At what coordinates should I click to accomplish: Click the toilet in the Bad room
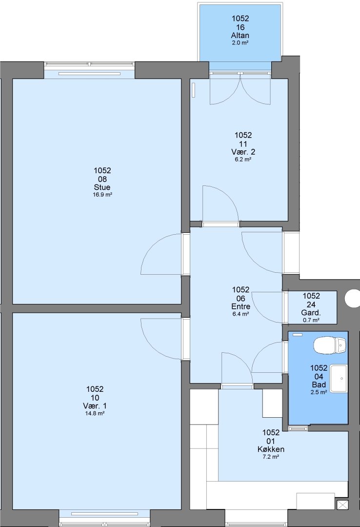330,345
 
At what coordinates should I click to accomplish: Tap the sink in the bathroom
339,379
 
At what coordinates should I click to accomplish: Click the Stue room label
102,187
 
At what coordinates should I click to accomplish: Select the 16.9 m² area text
102,195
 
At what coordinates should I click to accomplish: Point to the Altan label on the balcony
240,35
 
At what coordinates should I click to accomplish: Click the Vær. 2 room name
243,152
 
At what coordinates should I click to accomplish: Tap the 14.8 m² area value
95,413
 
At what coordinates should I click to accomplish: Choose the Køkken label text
271,449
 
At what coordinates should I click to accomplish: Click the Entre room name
240,306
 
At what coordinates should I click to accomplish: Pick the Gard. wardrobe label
311,313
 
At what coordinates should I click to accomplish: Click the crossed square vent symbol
342,505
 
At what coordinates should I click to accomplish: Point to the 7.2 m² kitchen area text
271,457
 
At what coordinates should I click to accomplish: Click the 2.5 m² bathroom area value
319,392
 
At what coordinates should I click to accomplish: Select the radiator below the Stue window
89,74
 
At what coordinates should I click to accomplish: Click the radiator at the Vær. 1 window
104,514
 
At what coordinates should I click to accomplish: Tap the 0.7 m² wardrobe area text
311,320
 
